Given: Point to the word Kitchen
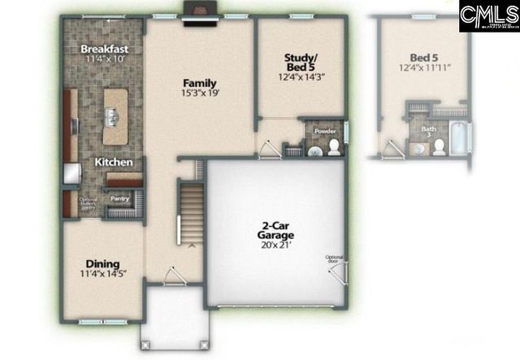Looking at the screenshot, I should pyautogui.click(x=114, y=163).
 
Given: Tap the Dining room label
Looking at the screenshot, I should pyautogui.click(x=103, y=264).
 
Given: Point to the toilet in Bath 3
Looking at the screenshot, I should pyautogui.click(x=439, y=145).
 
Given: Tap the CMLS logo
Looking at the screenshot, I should pyautogui.click(x=488, y=16).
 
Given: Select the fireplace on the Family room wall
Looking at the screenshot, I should pyautogui.click(x=199, y=14).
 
